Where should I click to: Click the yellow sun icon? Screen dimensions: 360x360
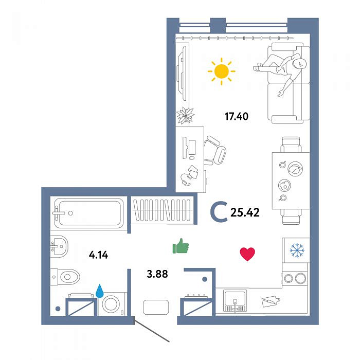point(222,71)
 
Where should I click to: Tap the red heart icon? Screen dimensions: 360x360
point(247,254)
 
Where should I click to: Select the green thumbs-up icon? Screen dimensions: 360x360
point(181,246)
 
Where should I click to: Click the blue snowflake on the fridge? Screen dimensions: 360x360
point(297,250)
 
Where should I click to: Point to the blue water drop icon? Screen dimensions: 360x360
point(100,291)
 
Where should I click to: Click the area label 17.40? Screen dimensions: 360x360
point(237,116)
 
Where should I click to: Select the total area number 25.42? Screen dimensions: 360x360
point(245,212)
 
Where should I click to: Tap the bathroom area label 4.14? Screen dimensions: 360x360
point(99,255)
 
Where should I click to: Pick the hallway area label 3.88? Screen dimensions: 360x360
point(157,274)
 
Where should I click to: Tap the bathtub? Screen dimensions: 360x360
point(89,213)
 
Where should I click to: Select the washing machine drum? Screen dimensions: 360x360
point(111,303)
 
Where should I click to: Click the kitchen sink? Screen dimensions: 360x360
point(235,300)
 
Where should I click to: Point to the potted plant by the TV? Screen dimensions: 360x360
point(186,115)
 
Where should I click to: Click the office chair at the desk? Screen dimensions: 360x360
point(214,151)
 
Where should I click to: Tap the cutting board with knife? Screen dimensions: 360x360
point(271,301)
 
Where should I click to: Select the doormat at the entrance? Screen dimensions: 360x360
point(156,307)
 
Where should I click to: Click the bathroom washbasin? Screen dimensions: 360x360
point(59,246)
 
